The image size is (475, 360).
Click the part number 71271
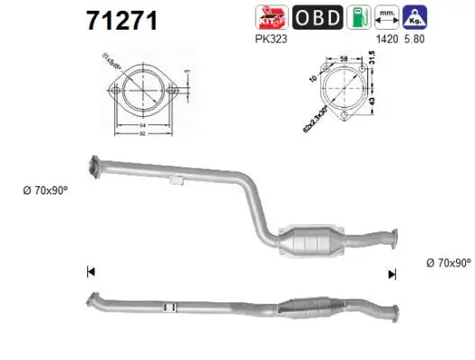[121, 21]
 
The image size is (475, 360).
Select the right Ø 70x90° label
[447, 263]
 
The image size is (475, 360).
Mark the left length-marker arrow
[89, 272]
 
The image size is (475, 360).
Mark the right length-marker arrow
[391, 274]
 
